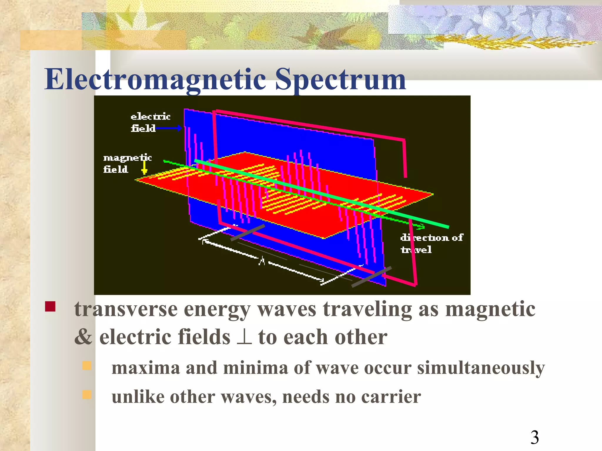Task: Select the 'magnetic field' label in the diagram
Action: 127,163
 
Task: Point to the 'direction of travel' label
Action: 431,243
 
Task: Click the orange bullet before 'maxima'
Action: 87,366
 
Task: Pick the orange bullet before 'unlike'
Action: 87,394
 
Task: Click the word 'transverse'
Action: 126,309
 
